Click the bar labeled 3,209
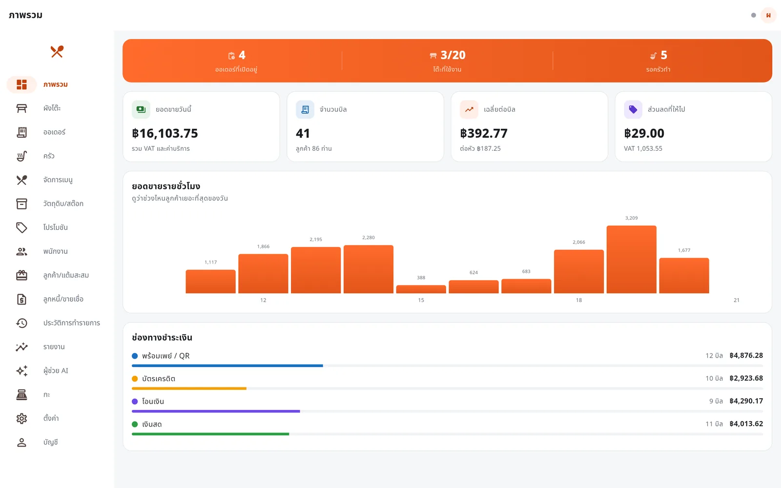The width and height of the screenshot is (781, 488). [631, 259]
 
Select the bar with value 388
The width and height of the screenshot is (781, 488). [421, 289]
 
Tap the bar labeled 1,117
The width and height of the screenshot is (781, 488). [210, 281]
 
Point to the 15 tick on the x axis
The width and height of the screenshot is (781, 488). [421, 300]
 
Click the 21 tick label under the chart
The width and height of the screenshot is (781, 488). [737, 300]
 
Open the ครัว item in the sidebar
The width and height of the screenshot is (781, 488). [49, 156]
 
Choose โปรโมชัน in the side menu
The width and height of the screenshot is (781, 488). [56, 227]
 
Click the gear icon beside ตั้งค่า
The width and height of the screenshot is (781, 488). [21, 418]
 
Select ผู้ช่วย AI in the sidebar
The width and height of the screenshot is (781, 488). [56, 370]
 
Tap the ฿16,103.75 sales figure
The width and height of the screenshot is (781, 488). [165, 133]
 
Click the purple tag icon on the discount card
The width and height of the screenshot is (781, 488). [633, 109]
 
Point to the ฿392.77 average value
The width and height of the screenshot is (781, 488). [484, 133]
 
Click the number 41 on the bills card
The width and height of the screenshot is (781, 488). [303, 133]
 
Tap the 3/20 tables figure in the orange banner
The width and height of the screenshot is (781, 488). [453, 55]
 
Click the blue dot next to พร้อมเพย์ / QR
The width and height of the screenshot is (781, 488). [135, 356]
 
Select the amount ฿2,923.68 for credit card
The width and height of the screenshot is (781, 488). [746, 378]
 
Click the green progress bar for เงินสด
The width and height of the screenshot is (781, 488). [210, 434]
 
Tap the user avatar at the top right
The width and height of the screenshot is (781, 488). [768, 15]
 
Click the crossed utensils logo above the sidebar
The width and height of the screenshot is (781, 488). [57, 52]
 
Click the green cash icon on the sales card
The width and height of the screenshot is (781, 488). [141, 109]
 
